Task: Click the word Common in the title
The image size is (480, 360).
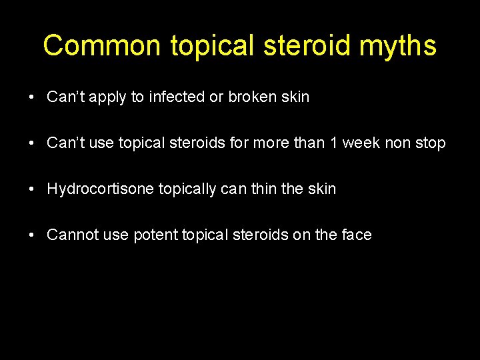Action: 102,46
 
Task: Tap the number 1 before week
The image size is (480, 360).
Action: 332,143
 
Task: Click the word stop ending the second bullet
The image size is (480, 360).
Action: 431,143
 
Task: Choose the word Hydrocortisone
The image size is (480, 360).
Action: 101,189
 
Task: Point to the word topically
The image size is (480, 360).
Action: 187,189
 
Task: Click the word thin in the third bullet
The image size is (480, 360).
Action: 261,189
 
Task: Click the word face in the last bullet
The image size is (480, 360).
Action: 356,235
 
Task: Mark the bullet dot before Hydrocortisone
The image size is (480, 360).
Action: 32,189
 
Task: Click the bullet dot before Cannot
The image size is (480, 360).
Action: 32,235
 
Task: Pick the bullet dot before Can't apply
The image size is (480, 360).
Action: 32,97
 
